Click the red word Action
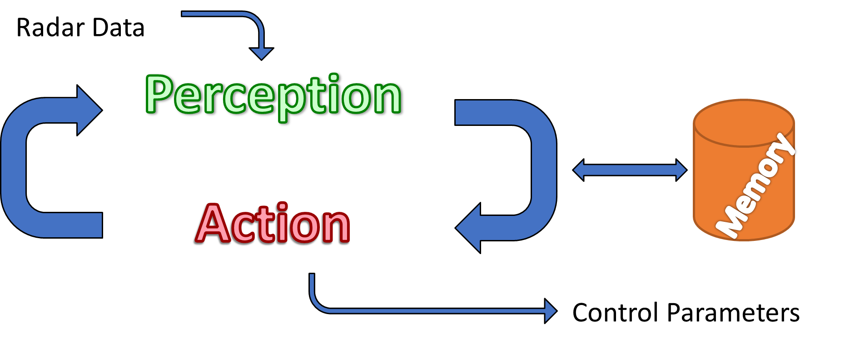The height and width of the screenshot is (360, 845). [273, 224]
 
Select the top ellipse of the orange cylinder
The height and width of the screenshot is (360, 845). [744, 123]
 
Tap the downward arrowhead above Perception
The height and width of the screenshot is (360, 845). [261, 53]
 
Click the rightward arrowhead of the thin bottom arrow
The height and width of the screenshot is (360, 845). [550, 311]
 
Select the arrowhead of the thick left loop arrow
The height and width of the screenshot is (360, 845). [89, 110]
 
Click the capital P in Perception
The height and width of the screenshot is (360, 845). [159, 95]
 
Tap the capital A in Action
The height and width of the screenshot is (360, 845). [213, 224]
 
